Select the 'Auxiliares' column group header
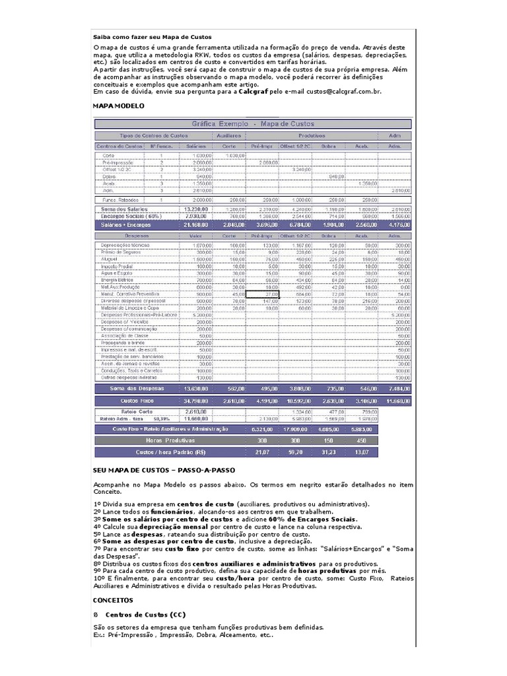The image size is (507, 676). tap(228, 135)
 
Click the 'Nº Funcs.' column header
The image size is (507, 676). tap(161, 146)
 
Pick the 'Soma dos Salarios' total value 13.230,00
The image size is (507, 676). tap(196, 208)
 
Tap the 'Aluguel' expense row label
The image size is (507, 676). tap(110, 259)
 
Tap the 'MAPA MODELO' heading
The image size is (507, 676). tap(118, 106)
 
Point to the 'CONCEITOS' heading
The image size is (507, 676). tap(113, 600)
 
